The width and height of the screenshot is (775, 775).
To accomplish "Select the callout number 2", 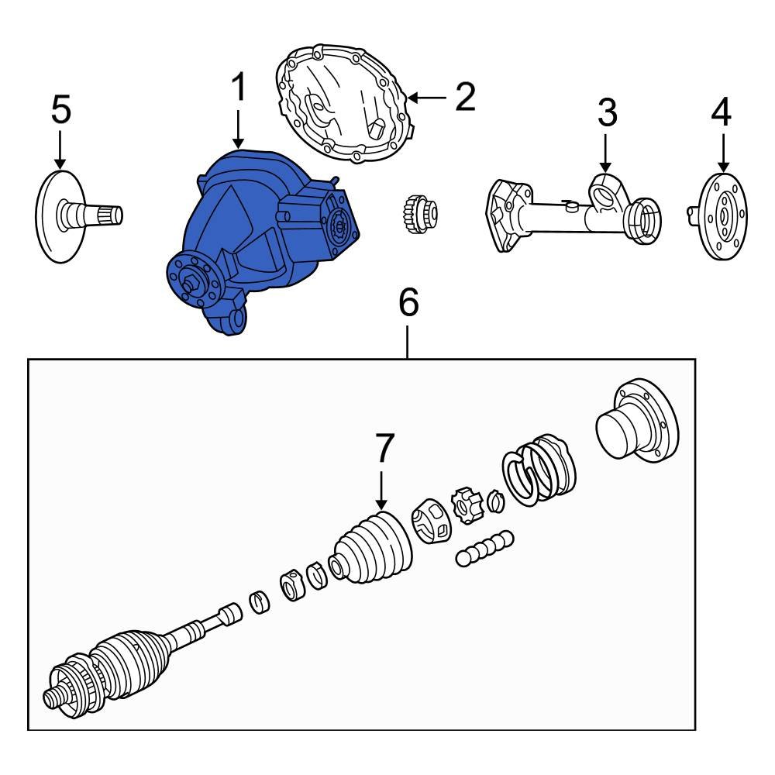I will pyautogui.click(x=464, y=98).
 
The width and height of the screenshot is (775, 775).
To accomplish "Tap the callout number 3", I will pyautogui.click(x=607, y=113).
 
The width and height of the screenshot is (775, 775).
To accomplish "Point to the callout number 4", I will pyautogui.click(x=721, y=113).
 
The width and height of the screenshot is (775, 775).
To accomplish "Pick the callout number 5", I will pyautogui.click(x=60, y=110).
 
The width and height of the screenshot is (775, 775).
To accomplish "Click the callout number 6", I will pyautogui.click(x=408, y=303).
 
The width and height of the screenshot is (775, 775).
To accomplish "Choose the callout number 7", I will pyautogui.click(x=384, y=449).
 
